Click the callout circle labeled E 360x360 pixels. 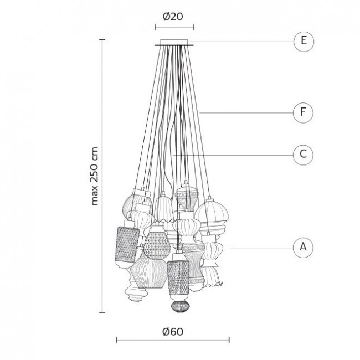[x=304, y=42]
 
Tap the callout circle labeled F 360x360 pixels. [x=303, y=113]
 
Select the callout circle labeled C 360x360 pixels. [x=303, y=155]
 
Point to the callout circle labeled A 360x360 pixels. [x=303, y=248]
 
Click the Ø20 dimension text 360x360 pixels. [x=173, y=17]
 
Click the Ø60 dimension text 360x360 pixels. [x=173, y=332]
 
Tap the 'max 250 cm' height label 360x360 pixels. [x=94, y=176]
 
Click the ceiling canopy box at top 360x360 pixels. [x=174, y=42]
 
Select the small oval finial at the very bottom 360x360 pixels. [x=181, y=307]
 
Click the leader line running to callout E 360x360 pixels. [x=242, y=42]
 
